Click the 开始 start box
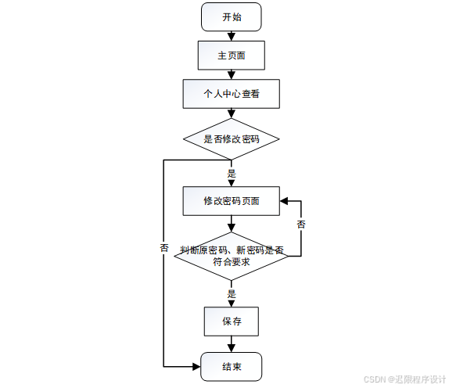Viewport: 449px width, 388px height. (231, 16)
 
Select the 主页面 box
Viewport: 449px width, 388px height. (231, 56)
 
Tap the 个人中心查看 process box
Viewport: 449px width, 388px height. (231, 94)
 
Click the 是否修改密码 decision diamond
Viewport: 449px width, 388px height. (231, 139)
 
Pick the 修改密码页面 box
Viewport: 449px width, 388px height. (231, 200)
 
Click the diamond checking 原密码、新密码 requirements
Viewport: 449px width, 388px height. (231, 256)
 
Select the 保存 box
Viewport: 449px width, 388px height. (231, 321)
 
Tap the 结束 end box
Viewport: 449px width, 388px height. (231, 367)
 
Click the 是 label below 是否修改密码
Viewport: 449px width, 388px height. (231, 173)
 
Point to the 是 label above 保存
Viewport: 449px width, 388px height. (231, 294)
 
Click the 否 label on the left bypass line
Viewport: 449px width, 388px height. (164, 247)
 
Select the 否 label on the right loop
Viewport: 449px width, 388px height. (301, 225)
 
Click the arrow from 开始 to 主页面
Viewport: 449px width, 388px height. (231, 35)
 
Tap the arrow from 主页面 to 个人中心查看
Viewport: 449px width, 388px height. (231, 74)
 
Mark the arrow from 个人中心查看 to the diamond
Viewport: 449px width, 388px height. (231, 113)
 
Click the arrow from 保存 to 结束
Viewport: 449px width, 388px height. (231, 344)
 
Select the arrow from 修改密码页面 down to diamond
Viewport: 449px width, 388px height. (231, 223)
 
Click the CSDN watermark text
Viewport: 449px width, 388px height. (404, 379)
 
